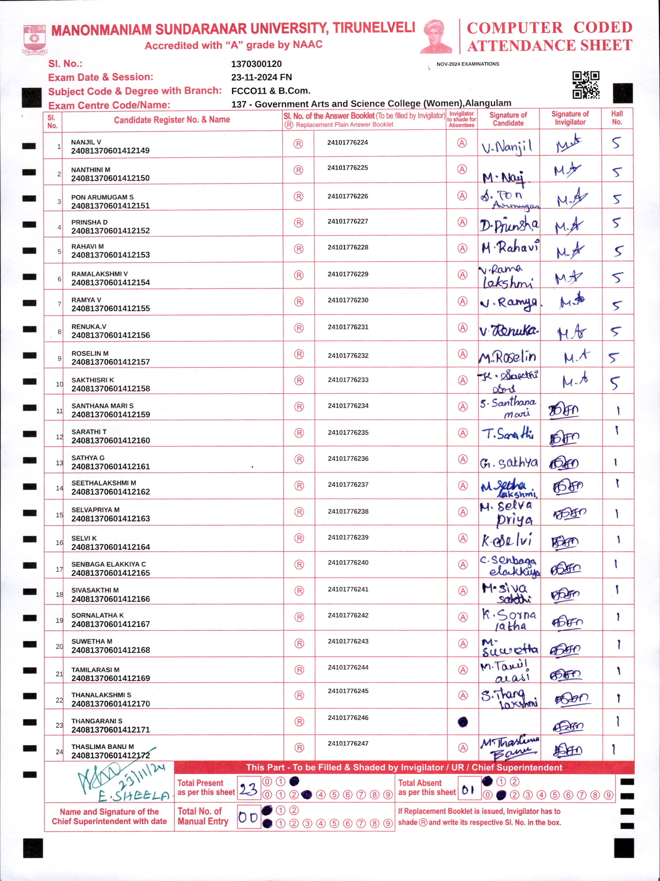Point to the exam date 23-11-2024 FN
[x=261, y=77]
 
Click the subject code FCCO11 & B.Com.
[x=270, y=91]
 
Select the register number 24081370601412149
[x=110, y=151]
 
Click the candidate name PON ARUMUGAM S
[x=102, y=197]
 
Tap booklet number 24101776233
[x=348, y=380]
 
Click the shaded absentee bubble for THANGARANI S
[x=462, y=722]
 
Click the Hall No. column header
[x=616, y=118]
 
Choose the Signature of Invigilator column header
[x=570, y=118]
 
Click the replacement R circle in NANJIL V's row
[x=298, y=144]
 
